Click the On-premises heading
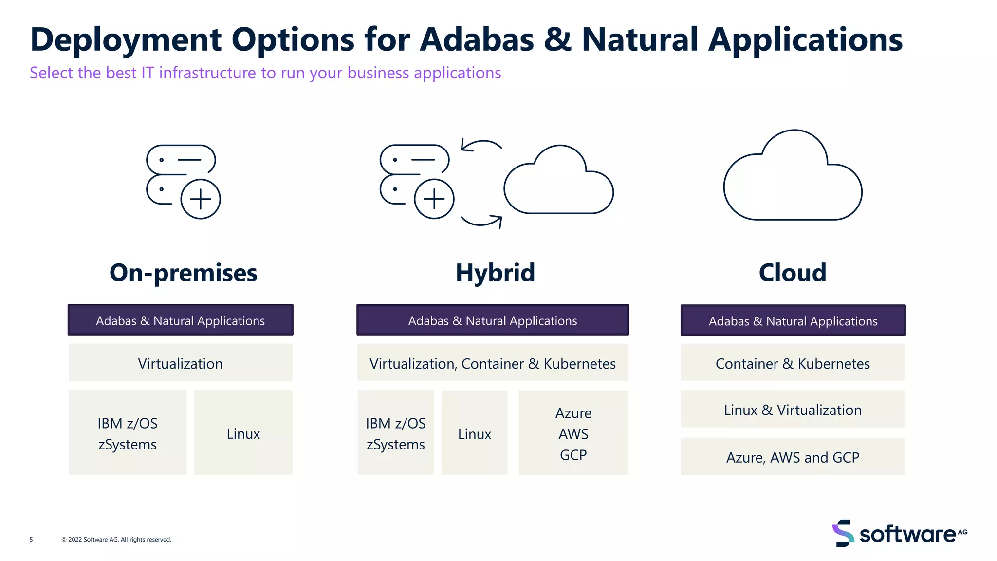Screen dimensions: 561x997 click(183, 273)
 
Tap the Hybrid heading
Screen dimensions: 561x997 click(495, 273)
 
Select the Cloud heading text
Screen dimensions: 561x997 click(793, 273)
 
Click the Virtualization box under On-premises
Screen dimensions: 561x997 click(180, 363)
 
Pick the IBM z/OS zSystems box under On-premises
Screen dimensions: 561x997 click(128, 433)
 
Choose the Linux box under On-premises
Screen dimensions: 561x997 click(243, 433)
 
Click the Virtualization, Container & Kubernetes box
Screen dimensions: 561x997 click(492, 363)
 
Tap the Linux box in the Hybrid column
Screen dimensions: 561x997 click(474, 433)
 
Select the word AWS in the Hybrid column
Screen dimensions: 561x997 click(573, 434)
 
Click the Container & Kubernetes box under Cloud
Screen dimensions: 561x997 click(793, 363)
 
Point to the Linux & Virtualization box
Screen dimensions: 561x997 click(793, 410)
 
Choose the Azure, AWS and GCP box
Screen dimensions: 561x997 click(793, 457)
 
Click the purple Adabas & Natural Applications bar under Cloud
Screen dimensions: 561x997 click(793, 321)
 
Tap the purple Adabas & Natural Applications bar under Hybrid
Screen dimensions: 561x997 click(492, 320)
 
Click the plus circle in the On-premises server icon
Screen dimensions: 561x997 click(200, 199)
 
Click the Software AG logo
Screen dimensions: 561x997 click(900, 534)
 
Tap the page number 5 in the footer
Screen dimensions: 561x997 click(31, 540)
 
